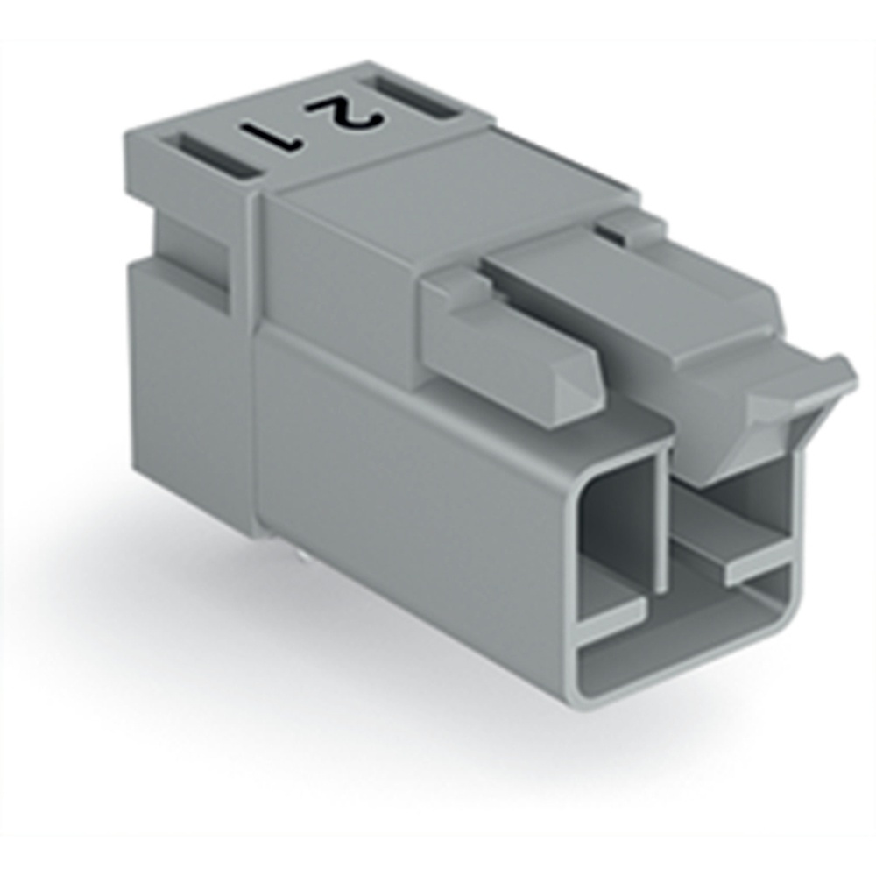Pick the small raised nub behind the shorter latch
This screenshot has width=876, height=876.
[456, 280]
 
